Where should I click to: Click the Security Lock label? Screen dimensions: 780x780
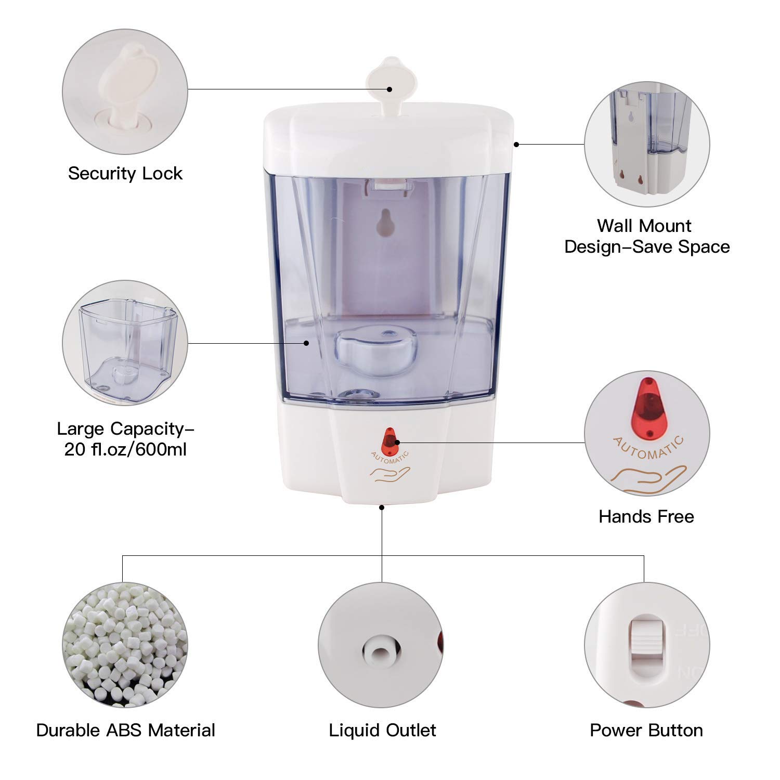pyautogui.click(x=125, y=173)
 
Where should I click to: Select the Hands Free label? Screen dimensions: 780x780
pyautogui.click(x=646, y=516)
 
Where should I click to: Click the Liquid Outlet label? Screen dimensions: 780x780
pyautogui.click(x=382, y=730)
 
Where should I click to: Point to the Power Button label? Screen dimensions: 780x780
pyautogui.click(x=646, y=730)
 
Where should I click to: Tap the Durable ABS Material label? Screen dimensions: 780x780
pyautogui.click(x=125, y=730)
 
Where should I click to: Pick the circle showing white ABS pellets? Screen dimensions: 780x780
pyautogui.click(x=125, y=645)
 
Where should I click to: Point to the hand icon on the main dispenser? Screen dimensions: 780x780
pyautogui.click(x=390, y=474)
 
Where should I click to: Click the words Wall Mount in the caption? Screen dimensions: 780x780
pyautogui.click(x=644, y=226)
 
